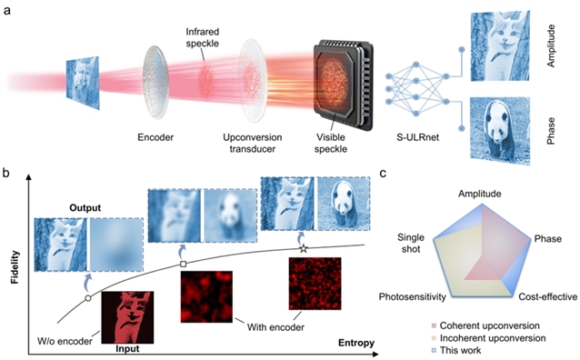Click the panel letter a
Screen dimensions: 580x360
click(x=7, y=10)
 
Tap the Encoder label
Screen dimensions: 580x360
click(x=155, y=137)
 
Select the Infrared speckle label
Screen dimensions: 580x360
click(x=203, y=37)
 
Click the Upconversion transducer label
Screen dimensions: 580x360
click(x=252, y=144)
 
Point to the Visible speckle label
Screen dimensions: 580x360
click(x=331, y=144)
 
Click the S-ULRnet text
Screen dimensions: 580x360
click(x=417, y=137)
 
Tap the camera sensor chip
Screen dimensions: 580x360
click(x=344, y=85)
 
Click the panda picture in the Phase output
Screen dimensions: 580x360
click(x=500, y=130)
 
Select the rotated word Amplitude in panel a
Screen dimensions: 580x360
click(x=551, y=45)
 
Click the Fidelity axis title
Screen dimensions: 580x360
click(x=15, y=267)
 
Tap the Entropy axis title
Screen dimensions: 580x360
click(x=356, y=343)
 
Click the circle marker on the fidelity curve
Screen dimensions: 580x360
click(x=88, y=298)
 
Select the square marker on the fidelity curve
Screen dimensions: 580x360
click(x=183, y=265)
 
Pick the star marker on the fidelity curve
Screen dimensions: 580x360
click(x=304, y=248)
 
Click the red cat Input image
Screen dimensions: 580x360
click(x=127, y=317)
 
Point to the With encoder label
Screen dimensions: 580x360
click(x=275, y=327)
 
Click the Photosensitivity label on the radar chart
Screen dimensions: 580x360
click(x=412, y=297)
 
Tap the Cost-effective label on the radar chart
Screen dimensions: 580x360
click(x=547, y=296)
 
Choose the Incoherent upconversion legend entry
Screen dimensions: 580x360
click(x=488, y=338)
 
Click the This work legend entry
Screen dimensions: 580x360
click(x=456, y=350)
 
